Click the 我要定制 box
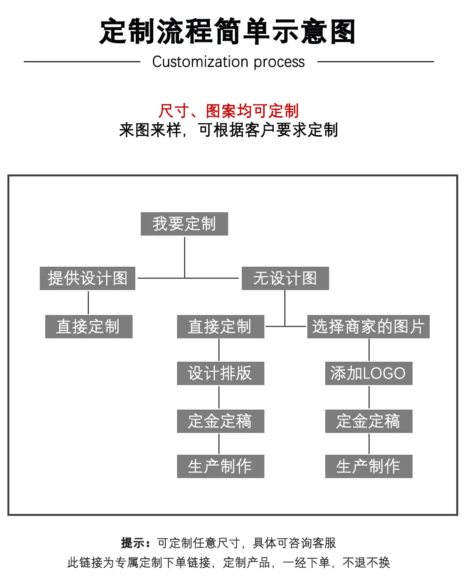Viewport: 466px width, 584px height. [184, 224]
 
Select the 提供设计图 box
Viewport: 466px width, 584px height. [87, 278]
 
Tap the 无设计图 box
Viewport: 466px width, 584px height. [285, 278]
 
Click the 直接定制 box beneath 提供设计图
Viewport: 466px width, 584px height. [89, 327]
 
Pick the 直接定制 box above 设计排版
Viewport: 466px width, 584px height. [220, 327]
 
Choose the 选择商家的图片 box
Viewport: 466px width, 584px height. [369, 327]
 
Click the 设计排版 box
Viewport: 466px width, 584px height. [220, 373]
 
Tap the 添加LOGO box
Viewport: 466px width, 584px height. [369, 373]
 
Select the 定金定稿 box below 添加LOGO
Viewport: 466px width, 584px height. [369, 421]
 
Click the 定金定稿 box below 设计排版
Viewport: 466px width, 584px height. [220, 421]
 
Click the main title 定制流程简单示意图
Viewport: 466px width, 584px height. [228, 32]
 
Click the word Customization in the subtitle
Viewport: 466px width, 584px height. [200, 62]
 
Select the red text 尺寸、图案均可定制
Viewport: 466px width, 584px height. [229, 111]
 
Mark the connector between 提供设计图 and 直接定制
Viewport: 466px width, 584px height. [89, 303]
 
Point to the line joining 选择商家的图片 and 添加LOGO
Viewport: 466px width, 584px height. [369, 350]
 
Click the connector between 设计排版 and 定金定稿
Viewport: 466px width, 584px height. [219, 397]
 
